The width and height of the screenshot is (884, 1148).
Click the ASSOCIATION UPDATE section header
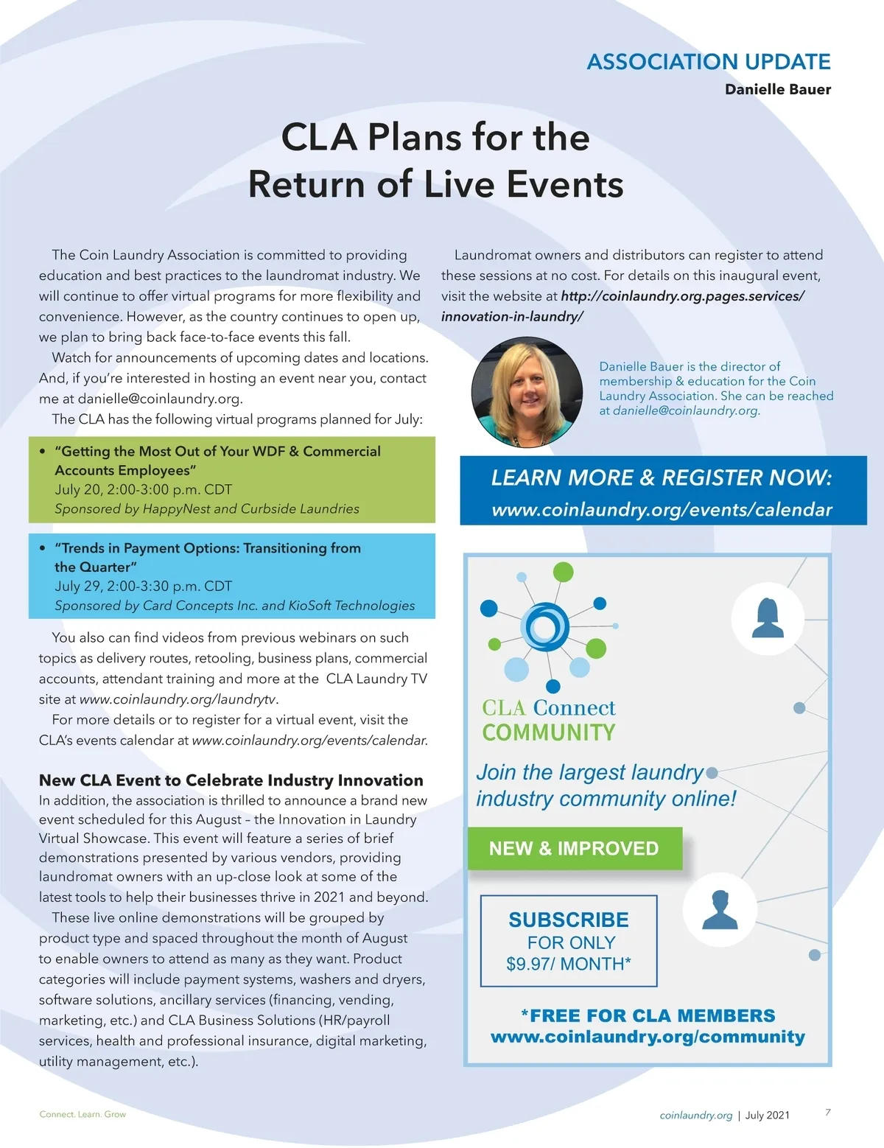(x=708, y=62)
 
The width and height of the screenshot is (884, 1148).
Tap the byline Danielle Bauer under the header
(x=777, y=89)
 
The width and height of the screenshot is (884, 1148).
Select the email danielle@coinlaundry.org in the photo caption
(x=685, y=411)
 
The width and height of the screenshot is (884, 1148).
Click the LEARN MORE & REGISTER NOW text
(x=662, y=477)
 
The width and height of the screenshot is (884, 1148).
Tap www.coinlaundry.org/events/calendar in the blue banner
(x=662, y=510)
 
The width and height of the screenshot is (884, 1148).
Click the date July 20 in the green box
(x=78, y=490)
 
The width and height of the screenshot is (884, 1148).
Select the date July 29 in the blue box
(x=78, y=587)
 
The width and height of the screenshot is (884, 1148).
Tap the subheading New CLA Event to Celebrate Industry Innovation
(x=231, y=780)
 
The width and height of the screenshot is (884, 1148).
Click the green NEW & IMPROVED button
(x=574, y=848)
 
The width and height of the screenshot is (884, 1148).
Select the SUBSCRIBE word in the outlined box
(x=568, y=920)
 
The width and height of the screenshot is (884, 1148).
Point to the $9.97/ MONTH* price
(x=568, y=964)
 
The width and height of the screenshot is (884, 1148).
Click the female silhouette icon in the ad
(x=767, y=617)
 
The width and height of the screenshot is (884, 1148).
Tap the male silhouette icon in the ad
(x=720, y=910)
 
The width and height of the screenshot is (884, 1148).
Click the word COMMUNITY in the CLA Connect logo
(x=548, y=732)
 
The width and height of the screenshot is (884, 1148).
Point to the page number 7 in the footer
(x=828, y=1113)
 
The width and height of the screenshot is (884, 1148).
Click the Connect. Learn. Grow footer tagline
(x=83, y=1114)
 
